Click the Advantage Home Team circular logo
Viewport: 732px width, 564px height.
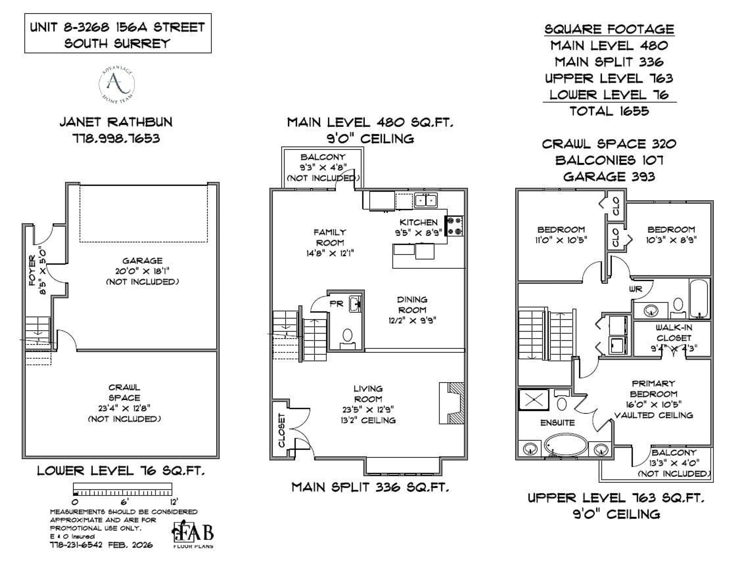coord(117,84)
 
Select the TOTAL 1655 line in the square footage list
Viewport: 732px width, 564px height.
coord(609,111)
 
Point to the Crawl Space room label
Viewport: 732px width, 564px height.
coord(124,393)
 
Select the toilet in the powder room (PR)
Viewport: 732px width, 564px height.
coord(347,336)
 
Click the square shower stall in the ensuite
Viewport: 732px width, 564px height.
coord(534,400)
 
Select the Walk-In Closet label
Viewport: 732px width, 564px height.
coord(674,333)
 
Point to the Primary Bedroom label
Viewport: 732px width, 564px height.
coord(653,389)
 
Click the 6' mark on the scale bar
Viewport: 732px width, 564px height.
coord(124,502)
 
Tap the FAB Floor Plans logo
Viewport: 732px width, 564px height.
coord(193,534)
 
